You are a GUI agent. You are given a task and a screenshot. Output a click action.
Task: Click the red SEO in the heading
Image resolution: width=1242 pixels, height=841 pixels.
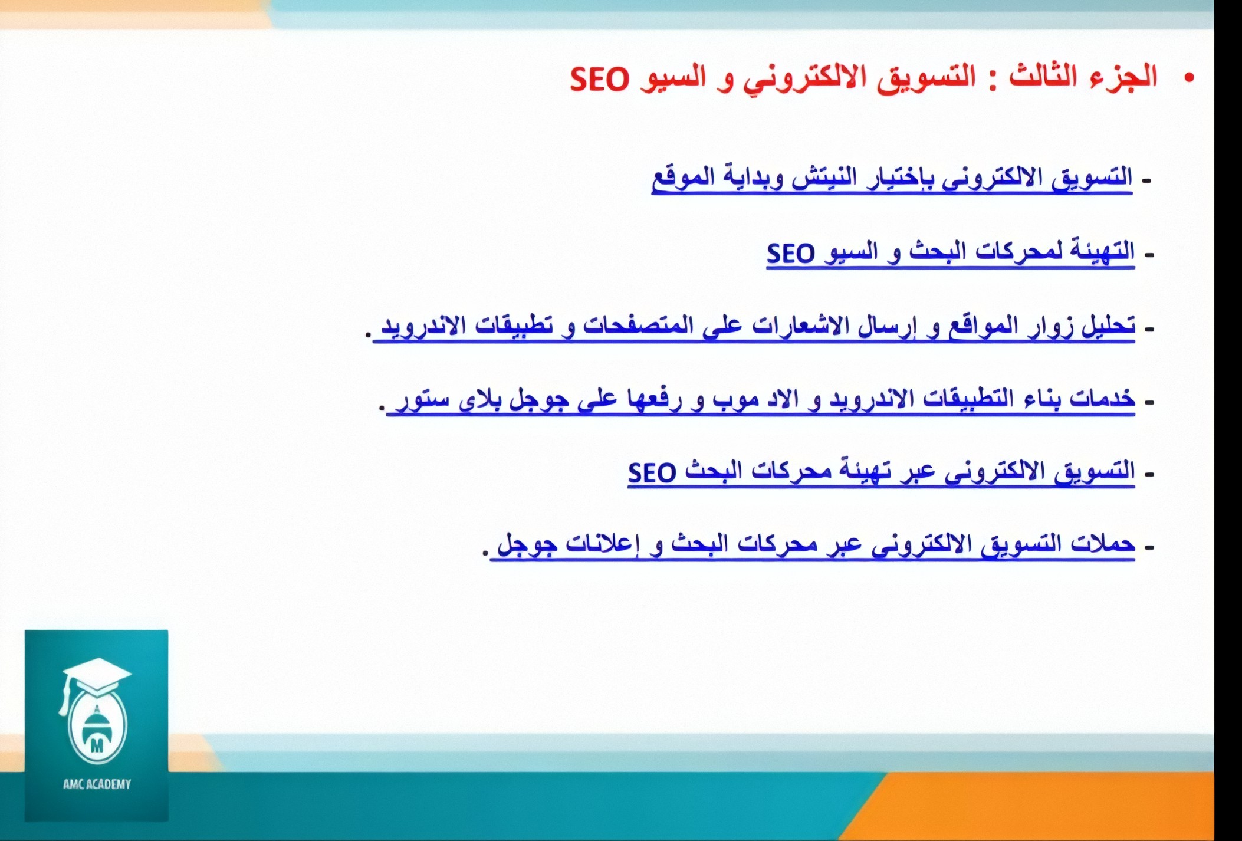click(600, 80)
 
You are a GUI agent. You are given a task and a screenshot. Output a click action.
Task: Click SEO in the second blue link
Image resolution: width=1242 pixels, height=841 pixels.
click(791, 254)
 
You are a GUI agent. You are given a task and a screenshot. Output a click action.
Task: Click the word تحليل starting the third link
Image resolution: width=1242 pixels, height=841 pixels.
click(1109, 325)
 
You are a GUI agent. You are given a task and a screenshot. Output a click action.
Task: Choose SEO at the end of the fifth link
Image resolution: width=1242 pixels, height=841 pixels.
click(652, 472)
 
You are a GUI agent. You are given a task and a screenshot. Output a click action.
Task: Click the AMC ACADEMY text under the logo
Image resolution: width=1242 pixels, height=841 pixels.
click(97, 784)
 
